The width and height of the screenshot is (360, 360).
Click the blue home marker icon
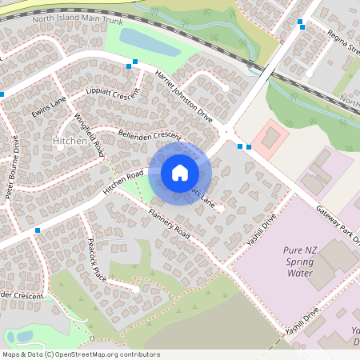(x=180, y=172)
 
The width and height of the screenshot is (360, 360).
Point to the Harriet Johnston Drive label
(x=185, y=95)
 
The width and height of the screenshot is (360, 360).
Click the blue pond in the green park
(x=141, y=39)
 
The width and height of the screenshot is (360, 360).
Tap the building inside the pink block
(x=271, y=138)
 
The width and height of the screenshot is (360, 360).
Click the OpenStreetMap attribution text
(x=81, y=354)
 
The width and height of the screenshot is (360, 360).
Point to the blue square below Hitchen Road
(x=38, y=230)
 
